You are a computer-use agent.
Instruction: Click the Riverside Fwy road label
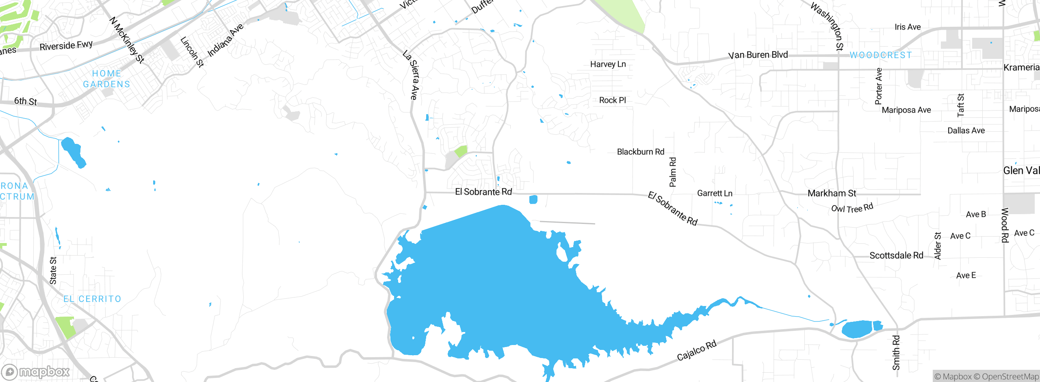[x=66, y=46]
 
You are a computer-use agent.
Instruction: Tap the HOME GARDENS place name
[x=106, y=79]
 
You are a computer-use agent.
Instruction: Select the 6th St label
[x=25, y=101]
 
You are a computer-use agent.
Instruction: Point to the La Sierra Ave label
[x=412, y=75]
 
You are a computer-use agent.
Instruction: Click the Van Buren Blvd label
[x=758, y=55]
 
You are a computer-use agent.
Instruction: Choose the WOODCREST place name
[x=881, y=55]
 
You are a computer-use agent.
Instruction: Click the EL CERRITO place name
[x=92, y=299]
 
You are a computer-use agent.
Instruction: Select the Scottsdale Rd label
[x=896, y=256]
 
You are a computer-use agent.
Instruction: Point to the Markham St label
[x=832, y=193]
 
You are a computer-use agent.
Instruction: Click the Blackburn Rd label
[x=640, y=152]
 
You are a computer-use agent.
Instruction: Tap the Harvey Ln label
[x=608, y=64]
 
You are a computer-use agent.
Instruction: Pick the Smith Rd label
[x=896, y=352]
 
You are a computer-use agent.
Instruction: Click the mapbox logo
[x=36, y=372]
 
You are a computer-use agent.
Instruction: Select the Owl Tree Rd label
[x=852, y=208]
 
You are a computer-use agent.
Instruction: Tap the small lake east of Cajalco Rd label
[x=859, y=329]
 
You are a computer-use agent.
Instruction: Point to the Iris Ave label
[x=907, y=27]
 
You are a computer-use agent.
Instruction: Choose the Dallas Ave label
[x=966, y=130]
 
